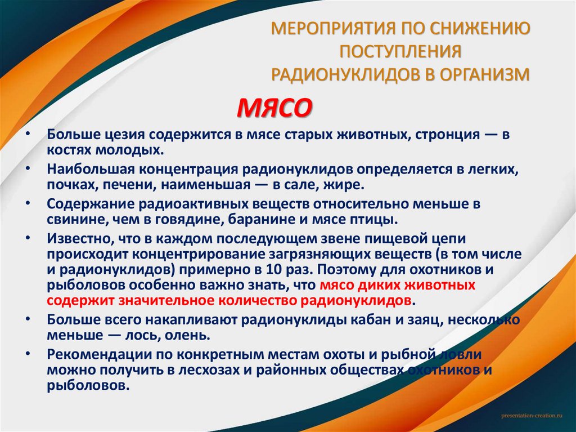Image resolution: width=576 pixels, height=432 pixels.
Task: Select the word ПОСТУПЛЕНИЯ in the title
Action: click(399, 52)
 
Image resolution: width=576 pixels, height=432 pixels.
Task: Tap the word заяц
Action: click(425, 320)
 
